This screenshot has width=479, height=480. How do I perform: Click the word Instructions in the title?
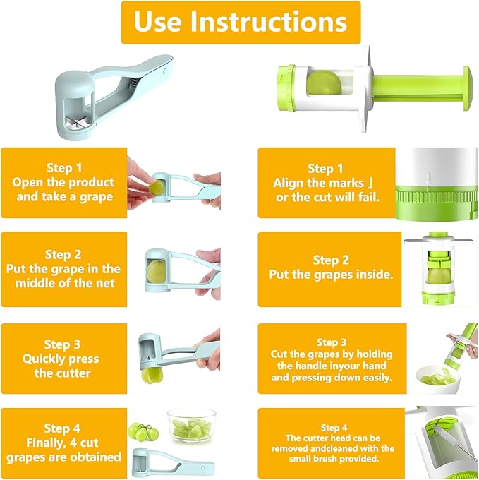(x=269, y=21)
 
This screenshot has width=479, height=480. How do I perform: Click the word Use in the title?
(x=158, y=21)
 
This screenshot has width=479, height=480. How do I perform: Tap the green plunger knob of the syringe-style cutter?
(x=468, y=88)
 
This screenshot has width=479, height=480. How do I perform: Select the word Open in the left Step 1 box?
(x=28, y=183)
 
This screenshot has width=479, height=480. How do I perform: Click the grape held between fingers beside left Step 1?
(x=157, y=187)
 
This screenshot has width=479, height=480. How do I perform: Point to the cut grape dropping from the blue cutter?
(x=150, y=374)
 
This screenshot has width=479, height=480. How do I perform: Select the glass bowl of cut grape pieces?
(x=191, y=425)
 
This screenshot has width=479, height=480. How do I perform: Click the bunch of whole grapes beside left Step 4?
(x=144, y=431)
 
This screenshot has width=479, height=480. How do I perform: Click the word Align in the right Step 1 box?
(x=289, y=183)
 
